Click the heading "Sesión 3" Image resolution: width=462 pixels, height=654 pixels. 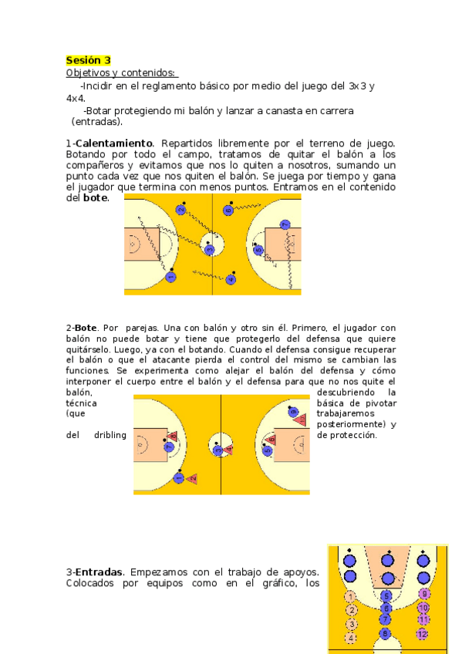(x=88, y=60)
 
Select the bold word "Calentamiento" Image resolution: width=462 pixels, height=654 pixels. (x=113, y=143)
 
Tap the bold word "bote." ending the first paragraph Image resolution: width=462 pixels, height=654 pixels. (x=96, y=198)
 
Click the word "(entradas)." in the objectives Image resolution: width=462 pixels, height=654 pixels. (x=97, y=122)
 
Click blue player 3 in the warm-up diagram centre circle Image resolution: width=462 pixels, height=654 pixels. (x=209, y=249)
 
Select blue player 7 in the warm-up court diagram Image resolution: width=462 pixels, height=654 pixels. (x=285, y=224)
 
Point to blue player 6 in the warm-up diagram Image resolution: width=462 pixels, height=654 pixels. (x=228, y=211)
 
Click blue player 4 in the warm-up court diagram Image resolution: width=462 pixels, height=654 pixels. (x=231, y=279)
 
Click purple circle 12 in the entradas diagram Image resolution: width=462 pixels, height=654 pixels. (x=423, y=634)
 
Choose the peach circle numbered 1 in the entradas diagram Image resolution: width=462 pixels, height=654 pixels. (x=350, y=597)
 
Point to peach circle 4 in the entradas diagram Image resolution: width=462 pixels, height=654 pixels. (x=351, y=638)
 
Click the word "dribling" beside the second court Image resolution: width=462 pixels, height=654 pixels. (x=110, y=435)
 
